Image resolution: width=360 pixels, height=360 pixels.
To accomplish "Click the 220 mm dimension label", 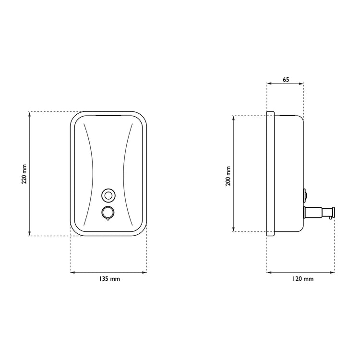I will (24, 174).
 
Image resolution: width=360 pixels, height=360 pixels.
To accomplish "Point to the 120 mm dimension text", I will (303, 279).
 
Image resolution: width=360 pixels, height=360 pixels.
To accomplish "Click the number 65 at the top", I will (286, 80).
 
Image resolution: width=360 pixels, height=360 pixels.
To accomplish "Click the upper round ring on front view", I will (108, 195).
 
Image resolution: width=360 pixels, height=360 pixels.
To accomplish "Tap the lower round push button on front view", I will (108, 213).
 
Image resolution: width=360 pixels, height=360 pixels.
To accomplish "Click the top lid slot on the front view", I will (108, 116).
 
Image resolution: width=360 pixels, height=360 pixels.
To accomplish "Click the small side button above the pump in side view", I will (305, 195).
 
